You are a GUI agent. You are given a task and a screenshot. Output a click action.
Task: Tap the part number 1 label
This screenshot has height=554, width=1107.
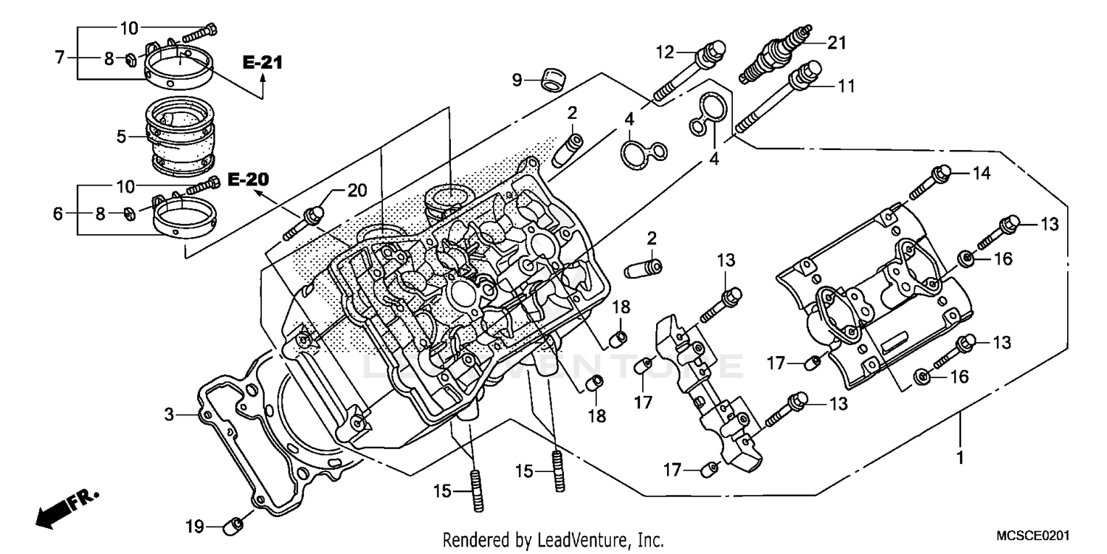[x=959, y=459]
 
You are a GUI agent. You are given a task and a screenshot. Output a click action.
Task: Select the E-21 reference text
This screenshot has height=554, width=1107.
[x=262, y=64]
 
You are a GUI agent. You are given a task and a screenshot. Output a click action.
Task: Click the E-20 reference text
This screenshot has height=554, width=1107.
[x=248, y=179]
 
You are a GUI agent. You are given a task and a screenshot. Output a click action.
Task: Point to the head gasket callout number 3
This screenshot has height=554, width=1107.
[x=169, y=415]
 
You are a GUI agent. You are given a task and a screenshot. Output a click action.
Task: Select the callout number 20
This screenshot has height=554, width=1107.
[x=357, y=191]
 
